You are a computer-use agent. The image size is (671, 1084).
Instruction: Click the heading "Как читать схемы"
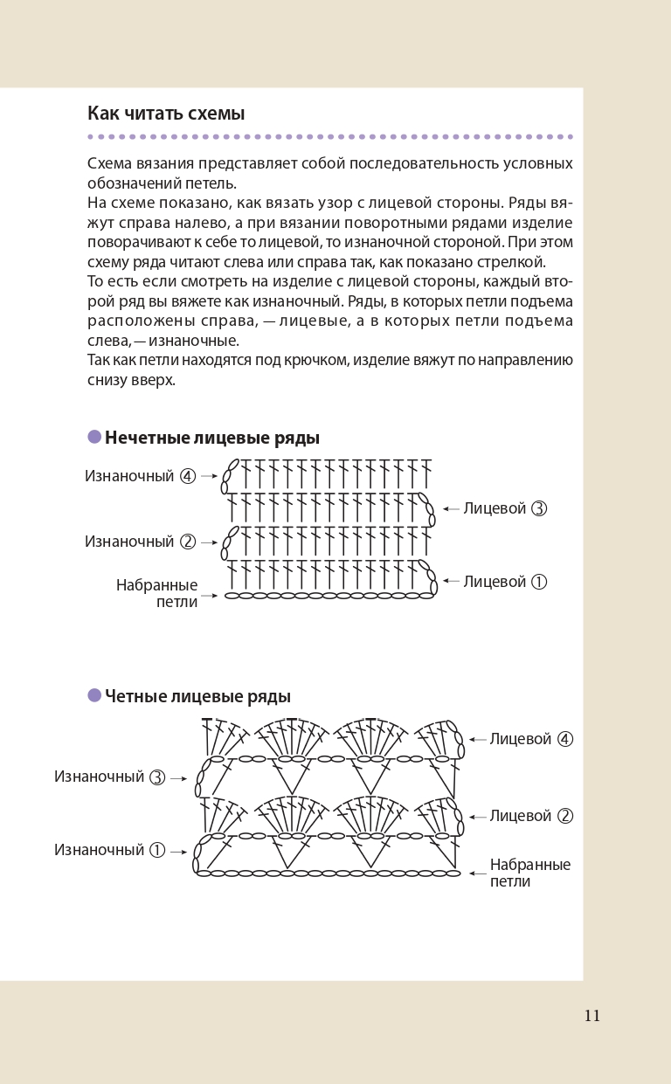tap(166, 114)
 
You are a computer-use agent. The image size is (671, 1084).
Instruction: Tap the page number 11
tap(592, 1016)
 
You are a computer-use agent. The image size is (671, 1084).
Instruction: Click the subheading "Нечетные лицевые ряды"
tap(212, 438)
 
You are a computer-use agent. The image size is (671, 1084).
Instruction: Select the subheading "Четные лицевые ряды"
tap(197, 696)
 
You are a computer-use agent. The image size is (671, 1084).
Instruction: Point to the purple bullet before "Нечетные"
tap(94, 437)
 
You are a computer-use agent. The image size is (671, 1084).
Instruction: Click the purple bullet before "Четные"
tap(94, 695)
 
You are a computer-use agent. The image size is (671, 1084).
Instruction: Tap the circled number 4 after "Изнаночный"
tap(188, 477)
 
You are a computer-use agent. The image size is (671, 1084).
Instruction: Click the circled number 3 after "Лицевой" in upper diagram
tap(539, 508)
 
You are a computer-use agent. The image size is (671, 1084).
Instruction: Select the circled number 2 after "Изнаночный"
tap(188, 542)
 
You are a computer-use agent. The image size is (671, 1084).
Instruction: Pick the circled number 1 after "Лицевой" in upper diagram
tap(539, 582)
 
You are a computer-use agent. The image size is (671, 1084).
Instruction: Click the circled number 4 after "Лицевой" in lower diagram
tap(565, 739)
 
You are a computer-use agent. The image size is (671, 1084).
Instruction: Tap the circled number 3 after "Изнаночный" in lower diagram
tap(157, 777)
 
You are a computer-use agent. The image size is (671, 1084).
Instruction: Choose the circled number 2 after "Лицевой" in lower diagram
tap(565, 816)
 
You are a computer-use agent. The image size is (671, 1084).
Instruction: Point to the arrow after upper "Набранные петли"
tap(210, 596)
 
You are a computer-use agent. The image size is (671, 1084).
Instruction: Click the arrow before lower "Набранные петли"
tap(477, 873)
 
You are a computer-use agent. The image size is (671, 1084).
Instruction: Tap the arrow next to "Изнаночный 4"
tap(209, 477)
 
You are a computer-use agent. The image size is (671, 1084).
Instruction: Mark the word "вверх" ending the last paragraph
tap(156, 380)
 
